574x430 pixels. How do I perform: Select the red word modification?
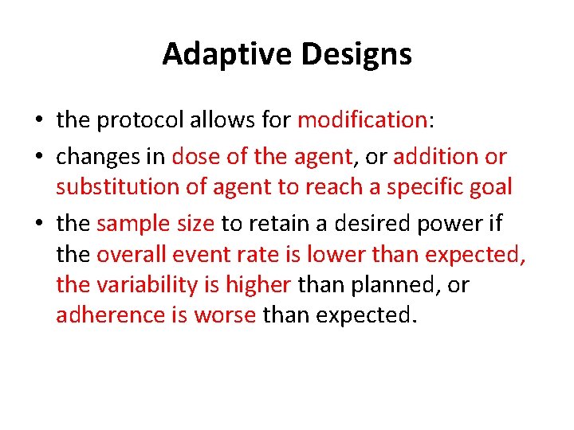click(362, 120)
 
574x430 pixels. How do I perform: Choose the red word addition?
click(435, 157)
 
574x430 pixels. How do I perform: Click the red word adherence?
click(110, 315)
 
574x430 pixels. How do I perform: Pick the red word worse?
click(225, 315)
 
